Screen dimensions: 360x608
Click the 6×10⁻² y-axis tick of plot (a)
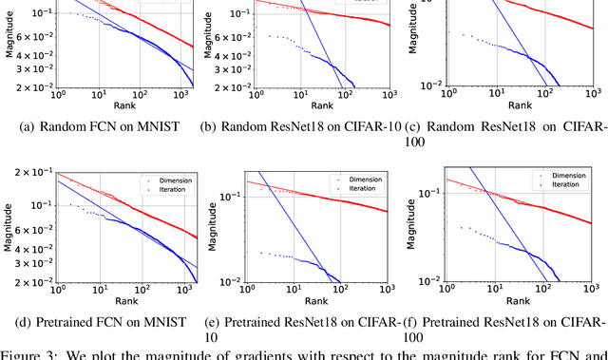pyautogui.click(x=34, y=38)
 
